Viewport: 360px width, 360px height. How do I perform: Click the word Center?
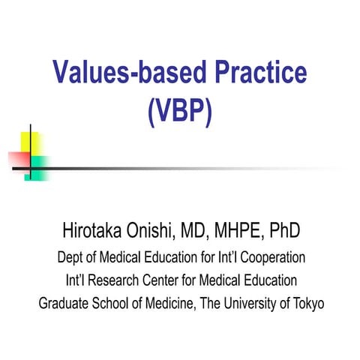[169, 280]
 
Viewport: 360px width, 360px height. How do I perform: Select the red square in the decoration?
[18, 159]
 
